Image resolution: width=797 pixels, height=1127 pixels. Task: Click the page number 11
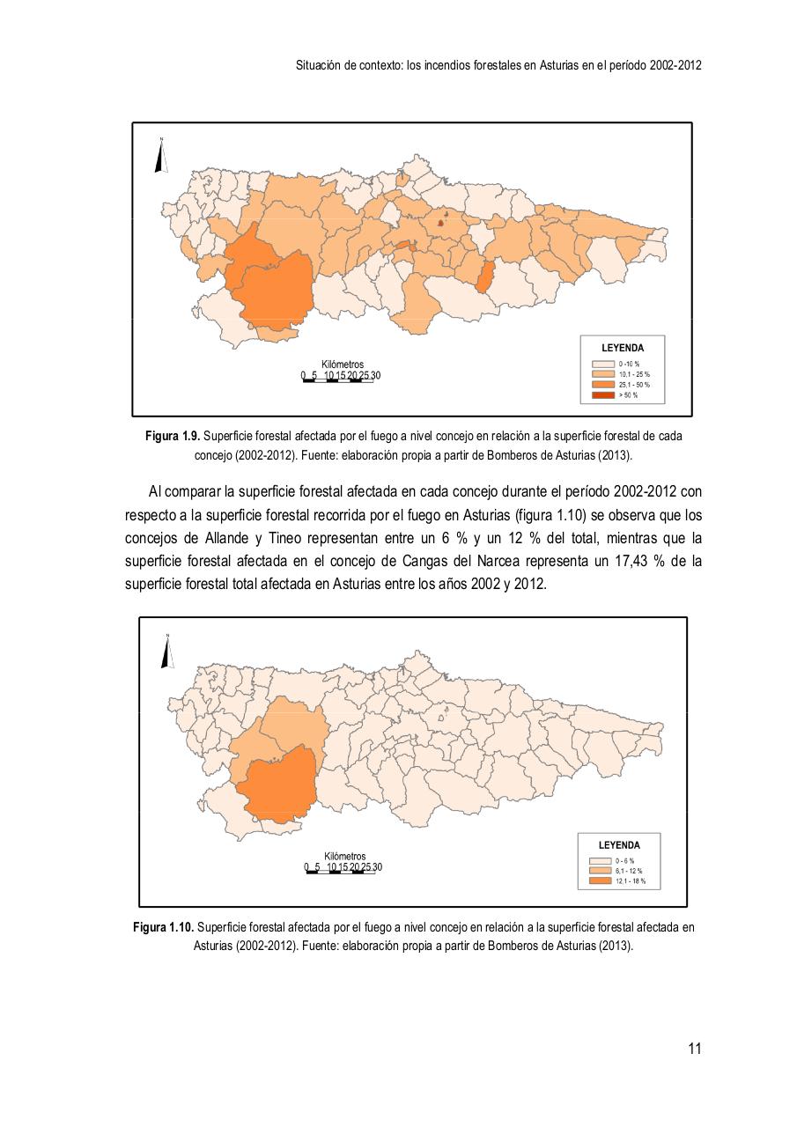(694, 1048)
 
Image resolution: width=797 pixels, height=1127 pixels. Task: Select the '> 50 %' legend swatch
(602, 395)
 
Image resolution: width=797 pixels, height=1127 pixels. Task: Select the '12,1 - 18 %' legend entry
(630, 880)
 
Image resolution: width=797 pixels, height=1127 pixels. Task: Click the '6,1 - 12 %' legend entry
(628, 870)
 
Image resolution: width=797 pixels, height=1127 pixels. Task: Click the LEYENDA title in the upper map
(622, 348)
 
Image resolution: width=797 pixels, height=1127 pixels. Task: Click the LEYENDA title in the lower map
(619, 845)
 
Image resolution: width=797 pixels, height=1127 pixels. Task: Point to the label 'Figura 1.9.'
(173, 437)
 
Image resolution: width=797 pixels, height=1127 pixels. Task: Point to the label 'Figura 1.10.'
(163, 927)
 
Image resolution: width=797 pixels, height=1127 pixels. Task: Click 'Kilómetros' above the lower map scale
(344, 856)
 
